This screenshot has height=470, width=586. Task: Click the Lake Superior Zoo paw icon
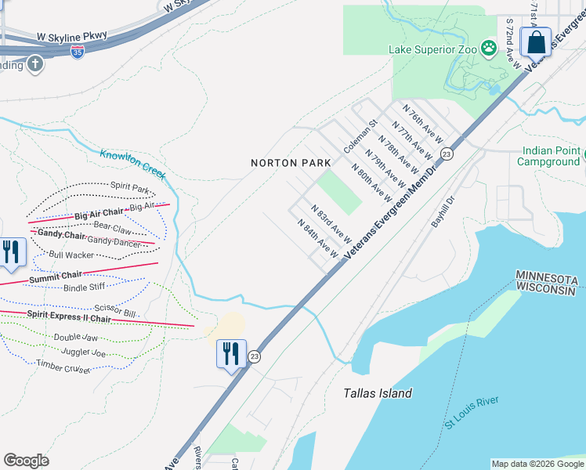(490, 49)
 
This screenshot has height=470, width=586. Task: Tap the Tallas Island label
(378, 393)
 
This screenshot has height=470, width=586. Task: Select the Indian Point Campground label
(548, 156)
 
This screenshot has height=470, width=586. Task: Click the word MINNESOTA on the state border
(547, 279)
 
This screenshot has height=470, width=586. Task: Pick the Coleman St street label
(360, 136)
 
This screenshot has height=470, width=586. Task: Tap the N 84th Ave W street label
(318, 238)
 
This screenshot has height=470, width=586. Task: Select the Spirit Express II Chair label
(69, 316)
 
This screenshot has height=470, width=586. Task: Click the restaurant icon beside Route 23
(231, 353)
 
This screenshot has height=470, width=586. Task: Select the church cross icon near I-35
(34, 63)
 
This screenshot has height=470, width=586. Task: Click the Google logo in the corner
(26, 461)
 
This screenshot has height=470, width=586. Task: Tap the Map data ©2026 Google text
(537, 464)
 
